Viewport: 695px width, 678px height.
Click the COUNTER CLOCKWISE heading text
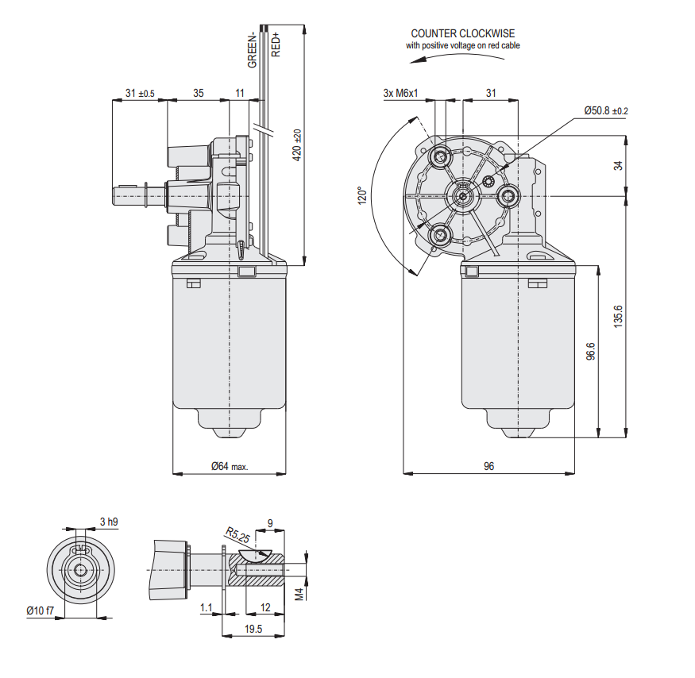point(462,33)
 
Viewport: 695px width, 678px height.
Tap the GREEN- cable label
point(252,50)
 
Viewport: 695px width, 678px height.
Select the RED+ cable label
point(276,44)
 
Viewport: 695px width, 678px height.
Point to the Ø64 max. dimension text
point(230,467)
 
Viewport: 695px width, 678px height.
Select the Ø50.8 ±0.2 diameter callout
point(605,110)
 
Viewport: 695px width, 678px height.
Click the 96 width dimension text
point(488,467)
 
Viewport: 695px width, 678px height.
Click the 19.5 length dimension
point(253,629)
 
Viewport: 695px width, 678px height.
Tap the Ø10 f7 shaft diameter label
point(40,611)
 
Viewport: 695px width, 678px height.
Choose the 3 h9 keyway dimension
point(109,522)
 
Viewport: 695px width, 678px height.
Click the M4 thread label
point(299,593)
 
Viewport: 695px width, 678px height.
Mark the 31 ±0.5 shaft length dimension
point(140,94)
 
